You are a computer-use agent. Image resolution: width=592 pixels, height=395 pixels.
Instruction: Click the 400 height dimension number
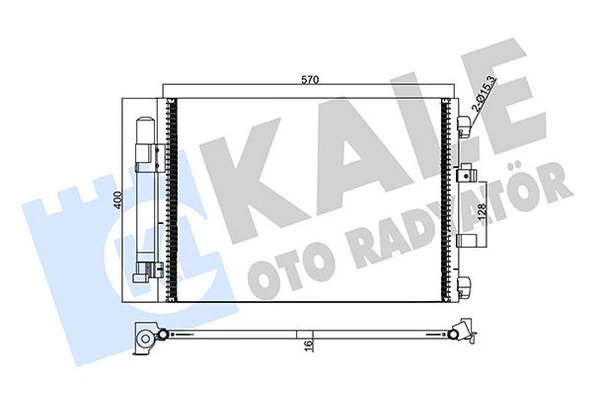[116, 199]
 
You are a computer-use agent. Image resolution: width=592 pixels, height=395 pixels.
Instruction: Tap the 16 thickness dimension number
[311, 346]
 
